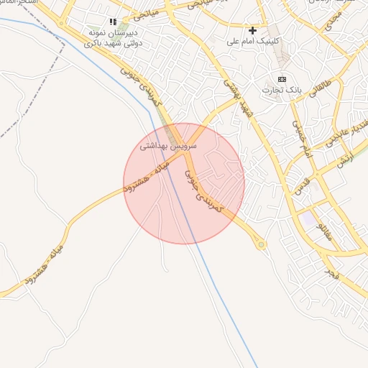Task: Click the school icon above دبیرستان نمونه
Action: click(112, 22)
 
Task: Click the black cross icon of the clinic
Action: click(252, 31)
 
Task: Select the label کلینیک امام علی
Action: click(252, 42)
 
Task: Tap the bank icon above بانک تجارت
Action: click(282, 79)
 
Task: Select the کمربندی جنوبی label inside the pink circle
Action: click(205, 190)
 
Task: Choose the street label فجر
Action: click(331, 274)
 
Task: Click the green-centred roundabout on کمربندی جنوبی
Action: click(261, 245)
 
